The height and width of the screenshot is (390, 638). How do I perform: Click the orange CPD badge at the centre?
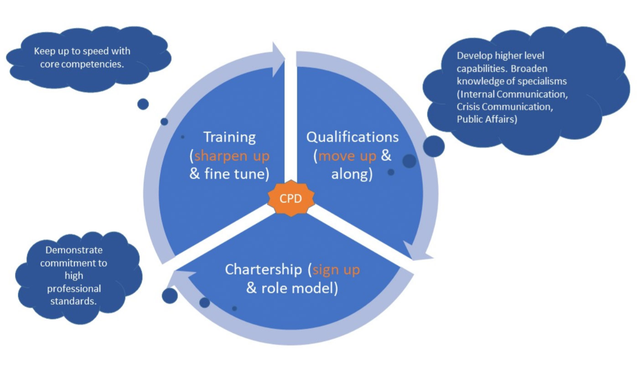pos(290,198)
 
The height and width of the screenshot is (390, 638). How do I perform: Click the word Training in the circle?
pos(229,137)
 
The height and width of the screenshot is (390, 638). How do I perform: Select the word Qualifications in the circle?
pos(353,137)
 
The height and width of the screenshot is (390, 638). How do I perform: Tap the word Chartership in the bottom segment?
pos(263,270)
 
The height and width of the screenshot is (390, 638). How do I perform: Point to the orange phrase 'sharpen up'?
pos(232,156)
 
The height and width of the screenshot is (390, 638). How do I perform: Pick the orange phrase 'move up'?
pos(348,156)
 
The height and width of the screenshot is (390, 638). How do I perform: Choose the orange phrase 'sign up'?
pos(337,270)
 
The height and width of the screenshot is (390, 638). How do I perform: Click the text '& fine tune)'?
pos(229,174)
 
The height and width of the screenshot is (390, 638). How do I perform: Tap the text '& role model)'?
pos(292,289)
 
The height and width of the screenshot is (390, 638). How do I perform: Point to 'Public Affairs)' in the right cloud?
pos(487,120)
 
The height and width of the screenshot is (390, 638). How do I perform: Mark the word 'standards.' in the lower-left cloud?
pos(78,302)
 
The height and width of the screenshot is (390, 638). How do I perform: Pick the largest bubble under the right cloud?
pos(433,146)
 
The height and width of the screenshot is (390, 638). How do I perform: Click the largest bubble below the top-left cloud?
pos(143,104)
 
